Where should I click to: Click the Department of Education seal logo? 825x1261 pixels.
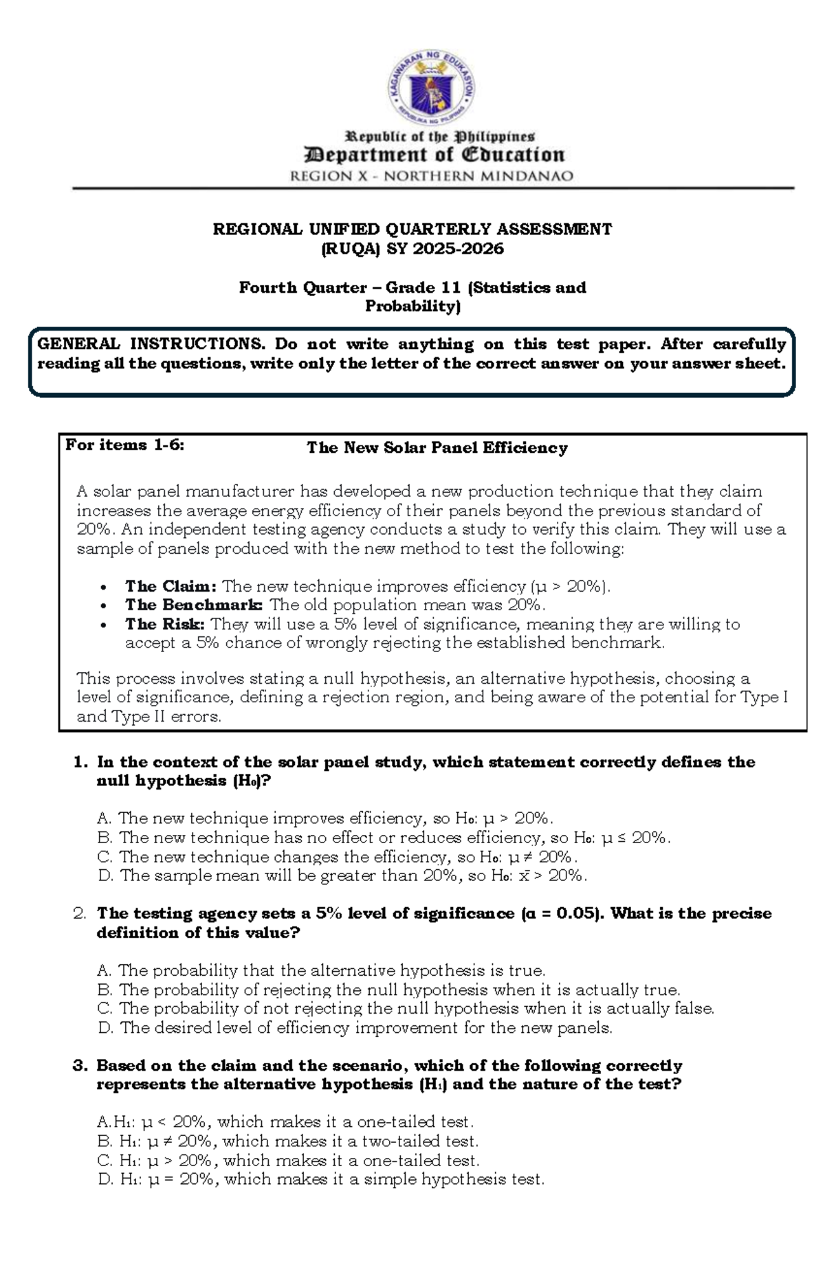click(x=431, y=90)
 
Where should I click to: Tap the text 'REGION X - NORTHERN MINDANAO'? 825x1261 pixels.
click(x=432, y=176)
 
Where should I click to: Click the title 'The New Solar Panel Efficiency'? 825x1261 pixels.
click(x=437, y=448)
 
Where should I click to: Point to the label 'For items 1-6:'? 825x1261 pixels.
click(x=124, y=445)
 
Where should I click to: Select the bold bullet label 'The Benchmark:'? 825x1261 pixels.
click(x=194, y=605)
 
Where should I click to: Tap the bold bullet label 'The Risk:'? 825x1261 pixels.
click(x=164, y=624)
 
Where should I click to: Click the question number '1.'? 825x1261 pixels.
click(x=80, y=762)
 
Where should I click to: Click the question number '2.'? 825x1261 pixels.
click(x=80, y=914)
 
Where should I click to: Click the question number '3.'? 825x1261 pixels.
click(x=80, y=1066)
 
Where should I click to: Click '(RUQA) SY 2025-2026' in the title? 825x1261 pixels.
click(x=412, y=249)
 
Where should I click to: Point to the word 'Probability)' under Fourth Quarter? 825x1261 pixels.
click(x=412, y=306)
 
